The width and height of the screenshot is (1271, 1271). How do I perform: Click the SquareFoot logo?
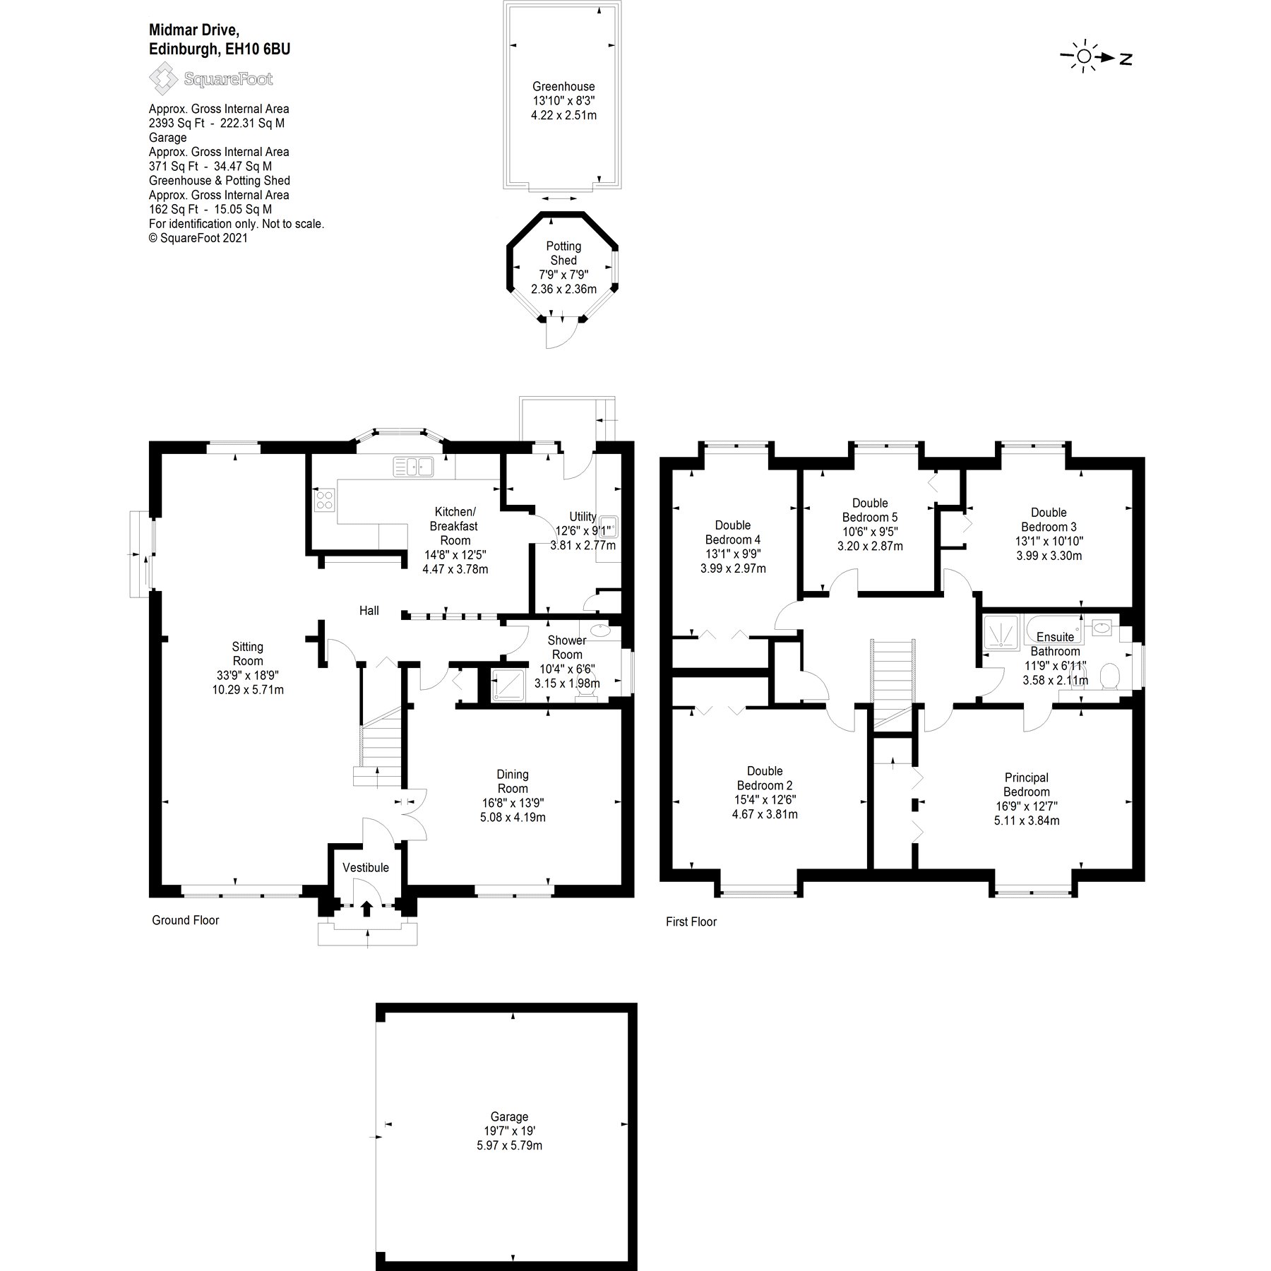(x=210, y=78)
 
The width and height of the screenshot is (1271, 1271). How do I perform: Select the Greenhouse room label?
(x=563, y=86)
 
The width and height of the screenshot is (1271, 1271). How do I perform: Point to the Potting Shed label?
(x=563, y=253)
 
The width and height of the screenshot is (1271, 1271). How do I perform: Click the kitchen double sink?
(x=414, y=466)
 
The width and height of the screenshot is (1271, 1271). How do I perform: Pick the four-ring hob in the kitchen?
(x=324, y=500)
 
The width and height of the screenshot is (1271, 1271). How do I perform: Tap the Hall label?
(x=369, y=611)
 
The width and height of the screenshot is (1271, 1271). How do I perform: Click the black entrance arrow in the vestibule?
(x=366, y=908)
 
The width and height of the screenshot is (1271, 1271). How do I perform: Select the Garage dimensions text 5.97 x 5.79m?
(x=509, y=1145)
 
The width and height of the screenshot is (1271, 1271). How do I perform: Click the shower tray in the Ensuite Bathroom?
(x=1001, y=631)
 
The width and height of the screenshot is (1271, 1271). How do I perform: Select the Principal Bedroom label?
(x=1026, y=784)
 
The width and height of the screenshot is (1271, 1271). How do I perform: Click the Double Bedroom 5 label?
(x=870, y=510)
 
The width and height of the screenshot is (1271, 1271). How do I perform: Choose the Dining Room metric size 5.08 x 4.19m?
(x=513, y=818)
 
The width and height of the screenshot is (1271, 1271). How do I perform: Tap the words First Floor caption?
(x=691, y=921)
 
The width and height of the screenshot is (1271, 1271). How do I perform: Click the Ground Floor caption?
(x=185, y=920)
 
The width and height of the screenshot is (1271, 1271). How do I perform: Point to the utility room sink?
(x=609, y=527)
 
